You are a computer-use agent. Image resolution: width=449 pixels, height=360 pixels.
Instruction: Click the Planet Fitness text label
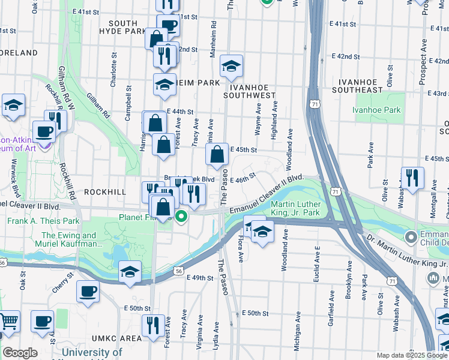[145, 217]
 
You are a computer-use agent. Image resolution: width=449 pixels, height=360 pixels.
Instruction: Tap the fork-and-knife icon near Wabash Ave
[412, 178]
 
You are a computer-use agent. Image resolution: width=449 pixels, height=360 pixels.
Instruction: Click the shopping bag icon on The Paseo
[217, 155]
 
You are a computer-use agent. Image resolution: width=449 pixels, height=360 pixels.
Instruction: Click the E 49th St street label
[200, 278]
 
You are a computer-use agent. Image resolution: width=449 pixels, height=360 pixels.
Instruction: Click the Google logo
[19, 353]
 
